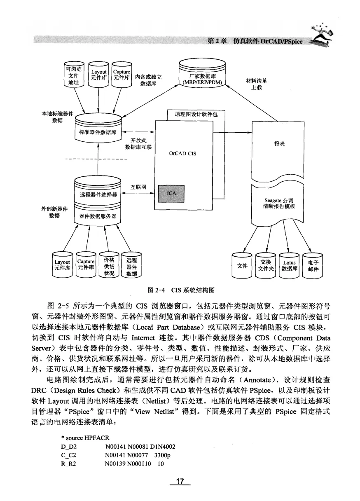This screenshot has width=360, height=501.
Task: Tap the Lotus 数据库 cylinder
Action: point(290,266)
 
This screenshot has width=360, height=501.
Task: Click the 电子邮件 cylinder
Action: point(313,266)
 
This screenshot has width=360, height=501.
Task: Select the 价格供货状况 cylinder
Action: point(109,266)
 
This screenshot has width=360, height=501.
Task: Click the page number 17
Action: point(180,481)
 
